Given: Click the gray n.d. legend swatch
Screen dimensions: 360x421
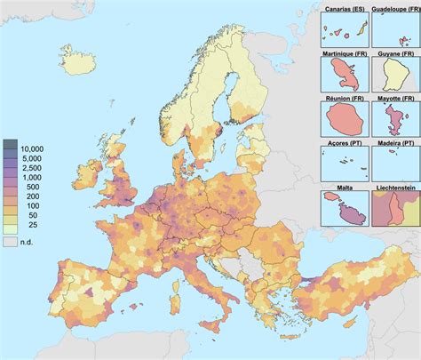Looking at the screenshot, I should point(10,240).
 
